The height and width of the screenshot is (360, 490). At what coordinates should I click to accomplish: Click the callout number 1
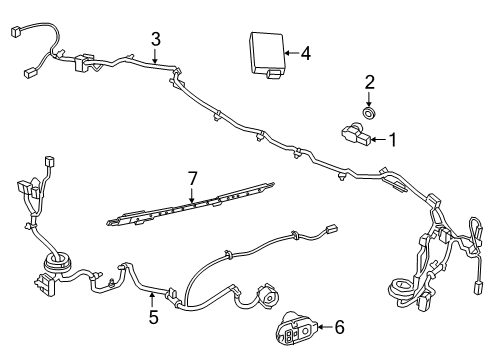coord(393,140)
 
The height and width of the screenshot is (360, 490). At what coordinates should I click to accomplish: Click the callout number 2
coord(369,82)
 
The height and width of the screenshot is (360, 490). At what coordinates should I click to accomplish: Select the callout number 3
coord(156,39)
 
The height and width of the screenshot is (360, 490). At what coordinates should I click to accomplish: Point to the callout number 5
coord(152,319)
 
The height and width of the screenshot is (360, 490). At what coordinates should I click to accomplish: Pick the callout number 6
coord(339,326)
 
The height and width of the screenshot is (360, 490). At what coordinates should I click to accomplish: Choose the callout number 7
coord(193,178)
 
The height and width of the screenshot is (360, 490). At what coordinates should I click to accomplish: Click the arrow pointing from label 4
coord(290,53)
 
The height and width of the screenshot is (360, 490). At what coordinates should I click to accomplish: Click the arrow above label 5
coord(152,301)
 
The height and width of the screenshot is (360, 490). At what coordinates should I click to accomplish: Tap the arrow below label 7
coord(193,196)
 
